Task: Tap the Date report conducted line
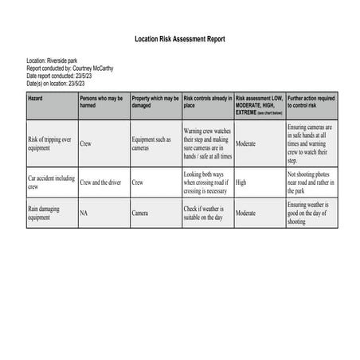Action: coord(64,75)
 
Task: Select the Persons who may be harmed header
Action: coord(101,101)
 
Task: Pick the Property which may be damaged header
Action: coord(155,101)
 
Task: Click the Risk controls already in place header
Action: coord(206,101)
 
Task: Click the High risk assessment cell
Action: coord(241,182)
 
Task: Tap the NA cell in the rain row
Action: coord(84,213)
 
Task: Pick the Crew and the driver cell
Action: coord(100,182)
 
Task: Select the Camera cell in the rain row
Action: coord(141,213)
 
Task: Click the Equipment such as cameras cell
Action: coord(152,143)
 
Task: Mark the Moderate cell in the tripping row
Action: coord(245,143)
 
